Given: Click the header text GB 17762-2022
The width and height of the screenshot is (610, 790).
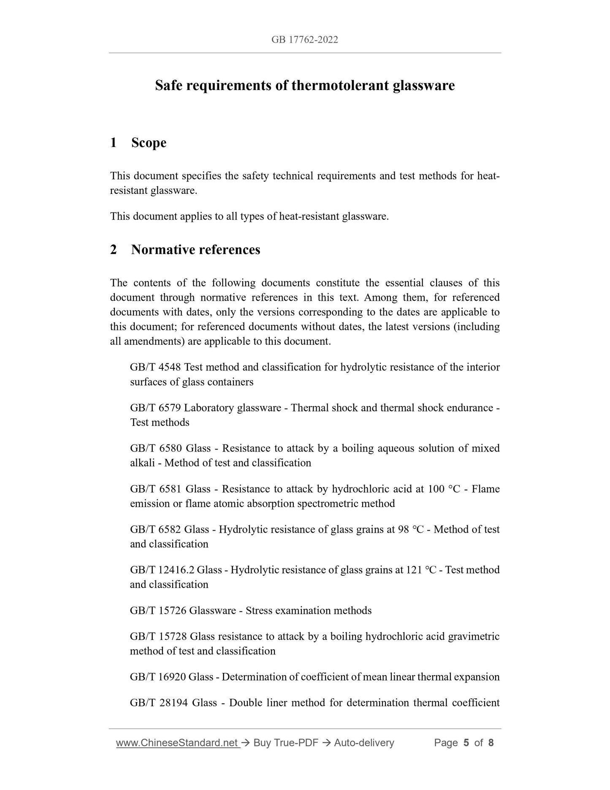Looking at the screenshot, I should coord(304,40).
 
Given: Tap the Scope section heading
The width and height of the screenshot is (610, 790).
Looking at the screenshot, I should coord(149,143).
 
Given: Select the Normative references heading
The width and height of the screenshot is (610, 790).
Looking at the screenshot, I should coord(195,250).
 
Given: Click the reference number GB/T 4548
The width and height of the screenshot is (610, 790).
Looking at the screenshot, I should coord(155,367).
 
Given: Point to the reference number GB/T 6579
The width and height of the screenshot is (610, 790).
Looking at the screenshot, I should coord(155,408).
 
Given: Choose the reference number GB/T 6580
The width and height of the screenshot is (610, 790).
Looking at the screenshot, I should coord(156,448).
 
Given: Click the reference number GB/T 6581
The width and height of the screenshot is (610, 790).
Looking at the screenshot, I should coord(156,489).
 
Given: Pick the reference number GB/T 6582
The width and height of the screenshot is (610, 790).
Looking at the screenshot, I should coord(155,529).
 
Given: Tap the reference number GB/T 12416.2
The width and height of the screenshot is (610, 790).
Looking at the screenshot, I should coord(162,570).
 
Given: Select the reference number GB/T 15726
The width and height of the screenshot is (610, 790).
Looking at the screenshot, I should coord(158,610).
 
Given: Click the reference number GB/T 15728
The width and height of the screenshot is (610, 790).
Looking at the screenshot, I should coord(158,636).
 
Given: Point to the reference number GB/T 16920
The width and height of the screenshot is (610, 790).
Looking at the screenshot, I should coord(158,677).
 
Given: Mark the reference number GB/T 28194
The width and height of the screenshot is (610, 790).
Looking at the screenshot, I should coord(159,703).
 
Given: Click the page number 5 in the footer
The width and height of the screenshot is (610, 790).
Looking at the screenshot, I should coord(466,743).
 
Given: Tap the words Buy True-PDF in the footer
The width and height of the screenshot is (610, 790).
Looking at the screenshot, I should coord(286,743).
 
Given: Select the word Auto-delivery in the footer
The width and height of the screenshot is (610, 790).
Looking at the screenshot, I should coord(364,743).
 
